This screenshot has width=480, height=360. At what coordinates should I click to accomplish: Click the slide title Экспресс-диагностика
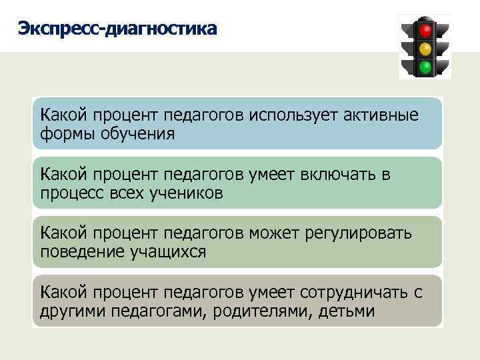[117, 29]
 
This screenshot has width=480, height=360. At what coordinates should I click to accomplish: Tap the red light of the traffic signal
[425, 30]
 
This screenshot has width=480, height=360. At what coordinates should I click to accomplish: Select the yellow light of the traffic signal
[425, 48]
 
